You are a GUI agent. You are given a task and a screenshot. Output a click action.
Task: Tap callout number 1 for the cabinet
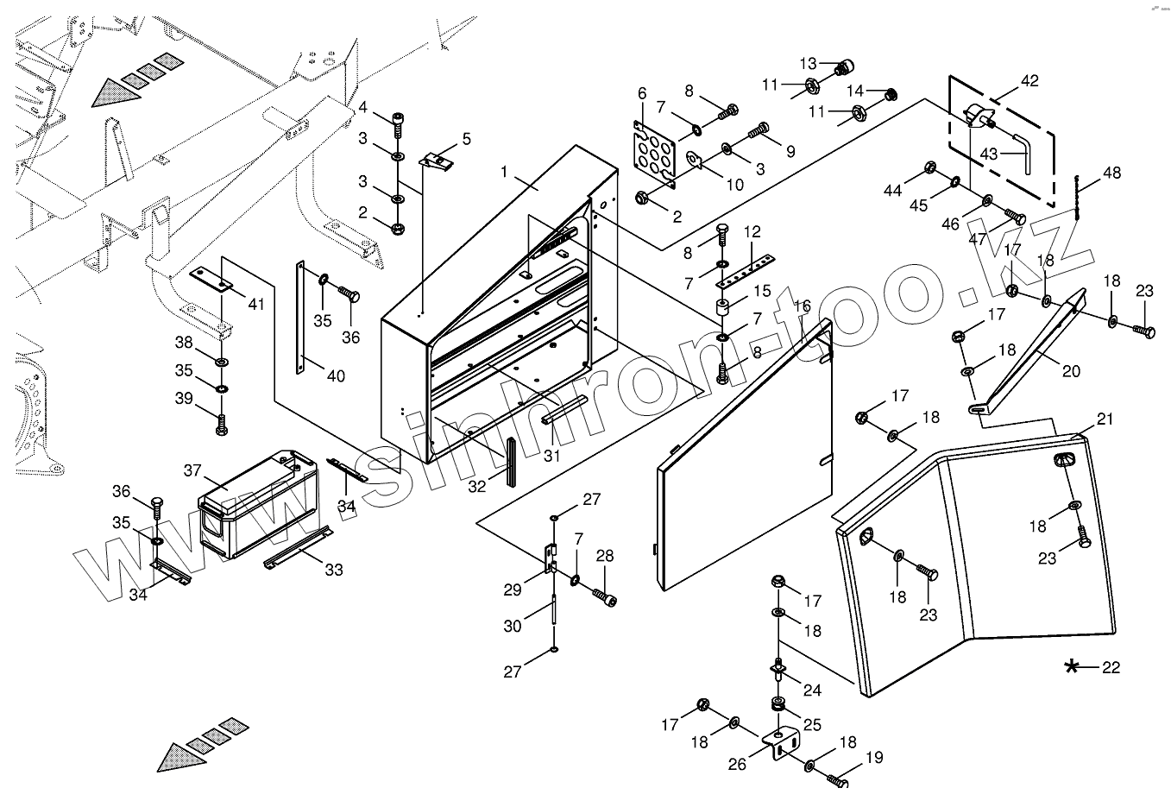pos(504,171)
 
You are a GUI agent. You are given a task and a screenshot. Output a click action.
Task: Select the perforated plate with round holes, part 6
pos(654,154)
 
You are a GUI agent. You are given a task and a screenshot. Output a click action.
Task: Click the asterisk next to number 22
pos(1072,667)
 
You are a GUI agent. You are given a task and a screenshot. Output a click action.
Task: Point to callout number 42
pos(1029,81)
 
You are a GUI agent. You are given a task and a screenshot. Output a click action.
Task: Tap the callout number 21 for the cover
pos(1105,419)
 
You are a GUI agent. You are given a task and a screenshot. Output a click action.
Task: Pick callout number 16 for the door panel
pos(802,306)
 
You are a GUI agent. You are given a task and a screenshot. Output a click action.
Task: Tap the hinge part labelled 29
pos(551,558)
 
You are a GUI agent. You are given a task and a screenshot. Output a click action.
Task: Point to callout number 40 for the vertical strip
pos(336,375)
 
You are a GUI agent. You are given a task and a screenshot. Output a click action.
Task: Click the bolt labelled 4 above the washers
pos(398,124)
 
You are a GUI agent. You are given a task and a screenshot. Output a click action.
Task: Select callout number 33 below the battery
pos(334,570)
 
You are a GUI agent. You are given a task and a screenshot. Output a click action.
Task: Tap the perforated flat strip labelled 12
pos(745,271)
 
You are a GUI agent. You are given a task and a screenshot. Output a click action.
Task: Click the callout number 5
pos(466,139)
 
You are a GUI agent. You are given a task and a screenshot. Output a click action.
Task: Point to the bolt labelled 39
pos(221,424)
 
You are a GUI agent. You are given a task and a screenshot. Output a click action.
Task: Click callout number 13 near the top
pos(808,64)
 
